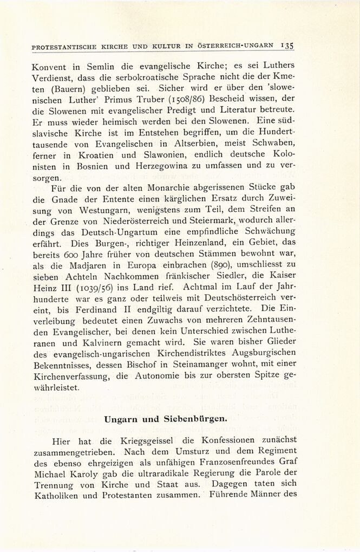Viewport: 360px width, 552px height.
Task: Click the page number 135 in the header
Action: [287, 46]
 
